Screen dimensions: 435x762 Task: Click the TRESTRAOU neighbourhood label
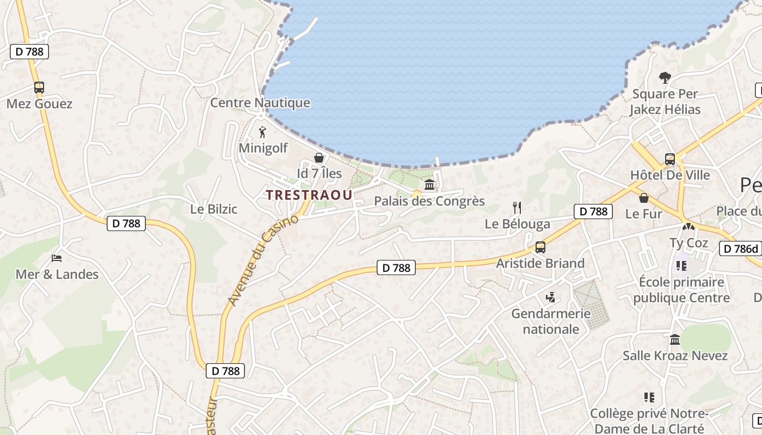[309, 195]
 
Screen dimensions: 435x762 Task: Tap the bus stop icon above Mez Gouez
[39, 88]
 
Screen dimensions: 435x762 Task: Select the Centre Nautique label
[260, 103]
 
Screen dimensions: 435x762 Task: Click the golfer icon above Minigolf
[263, 132]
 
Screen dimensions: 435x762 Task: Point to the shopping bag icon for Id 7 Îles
[319, 158]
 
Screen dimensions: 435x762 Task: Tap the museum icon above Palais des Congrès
[429, 185]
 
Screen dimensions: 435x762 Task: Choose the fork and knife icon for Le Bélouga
[517, 208]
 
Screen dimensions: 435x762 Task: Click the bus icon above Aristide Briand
[540, 247]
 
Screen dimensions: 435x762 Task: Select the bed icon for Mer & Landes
[57, 258]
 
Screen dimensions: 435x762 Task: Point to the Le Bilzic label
[214, 209]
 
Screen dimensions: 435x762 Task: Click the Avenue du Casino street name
[264, 260]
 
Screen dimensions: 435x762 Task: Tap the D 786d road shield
[740, 249]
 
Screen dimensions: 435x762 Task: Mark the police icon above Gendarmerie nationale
[550, 297]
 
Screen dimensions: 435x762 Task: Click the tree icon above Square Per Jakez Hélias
[665, 78]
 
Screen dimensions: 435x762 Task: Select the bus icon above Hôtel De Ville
[669, 159]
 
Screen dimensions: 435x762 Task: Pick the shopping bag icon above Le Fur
[644, 198]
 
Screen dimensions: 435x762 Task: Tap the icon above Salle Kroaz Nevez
[675, 340]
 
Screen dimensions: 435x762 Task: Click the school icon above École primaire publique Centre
[681, 266]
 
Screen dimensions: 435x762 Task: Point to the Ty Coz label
[689, 243]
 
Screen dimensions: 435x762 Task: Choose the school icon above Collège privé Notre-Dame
[649, 397]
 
